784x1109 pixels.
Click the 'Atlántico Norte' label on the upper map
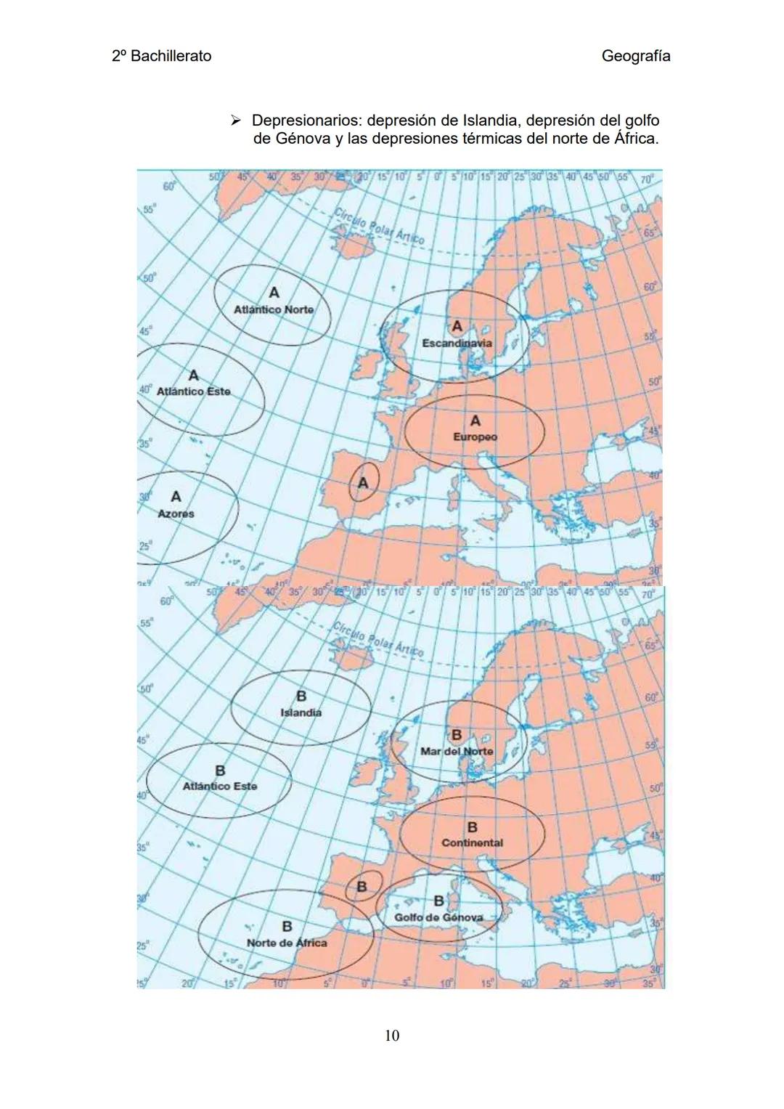(x=274, y=310)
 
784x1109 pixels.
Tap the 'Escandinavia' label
(x=457, y=343)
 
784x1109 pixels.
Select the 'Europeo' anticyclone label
(x=475, y=437)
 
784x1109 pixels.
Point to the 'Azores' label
(x=176, y=513)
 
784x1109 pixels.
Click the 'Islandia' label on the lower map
(x=301, y=713)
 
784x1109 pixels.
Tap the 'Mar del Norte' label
(x=457, y=751)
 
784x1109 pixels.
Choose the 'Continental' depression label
(x=472, y=843)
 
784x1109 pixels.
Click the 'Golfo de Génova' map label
(x=438, y=917)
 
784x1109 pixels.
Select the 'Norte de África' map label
(x=287, y=943)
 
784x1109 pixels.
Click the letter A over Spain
(x=364, y=482)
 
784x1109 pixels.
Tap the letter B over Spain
(x=361, y=886)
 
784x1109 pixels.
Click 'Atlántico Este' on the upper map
(x=194, y=391)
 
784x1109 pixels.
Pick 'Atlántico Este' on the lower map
(x=220, y=786)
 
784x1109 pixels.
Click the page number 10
(x=391, y=1035)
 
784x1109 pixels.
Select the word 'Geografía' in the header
(x=636, y=56)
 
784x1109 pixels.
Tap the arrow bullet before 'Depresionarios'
(x=234, y=120)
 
